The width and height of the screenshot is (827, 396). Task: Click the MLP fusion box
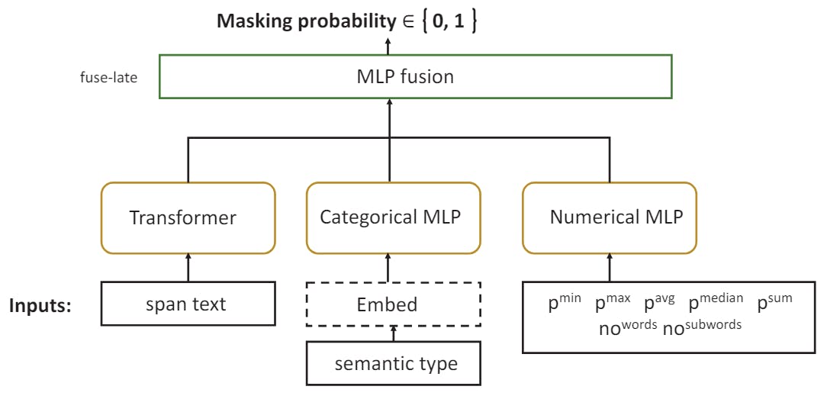point(416,76)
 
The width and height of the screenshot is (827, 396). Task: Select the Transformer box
point(188,217)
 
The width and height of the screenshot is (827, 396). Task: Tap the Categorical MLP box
point(390,217)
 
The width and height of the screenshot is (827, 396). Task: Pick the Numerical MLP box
point(609,217)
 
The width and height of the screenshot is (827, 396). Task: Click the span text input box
point(188,304)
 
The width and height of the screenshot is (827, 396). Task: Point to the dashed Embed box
point(394,304)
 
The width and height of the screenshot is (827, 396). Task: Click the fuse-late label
point(108,77)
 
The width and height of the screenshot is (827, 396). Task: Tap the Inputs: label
point(40,305)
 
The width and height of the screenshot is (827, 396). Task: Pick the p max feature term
point(612,302)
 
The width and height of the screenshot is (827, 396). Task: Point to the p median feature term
point(715,302)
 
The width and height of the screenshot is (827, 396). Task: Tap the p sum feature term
point(774,302)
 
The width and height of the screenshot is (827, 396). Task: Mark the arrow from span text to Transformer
point(188,268)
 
